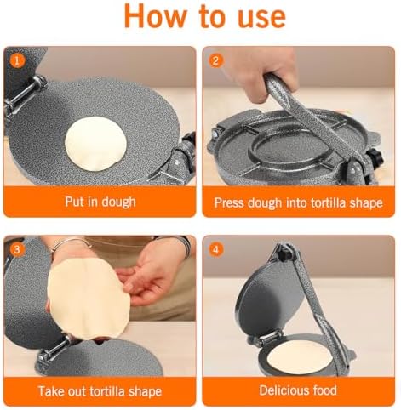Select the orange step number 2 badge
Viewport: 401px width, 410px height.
216,60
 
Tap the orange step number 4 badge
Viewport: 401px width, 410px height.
216,249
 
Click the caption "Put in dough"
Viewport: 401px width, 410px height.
100,202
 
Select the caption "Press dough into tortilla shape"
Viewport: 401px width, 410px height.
300,202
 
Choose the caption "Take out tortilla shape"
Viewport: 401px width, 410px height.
100,391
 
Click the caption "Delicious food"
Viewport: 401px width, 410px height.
300,391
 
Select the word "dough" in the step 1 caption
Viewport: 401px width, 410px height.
118,202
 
